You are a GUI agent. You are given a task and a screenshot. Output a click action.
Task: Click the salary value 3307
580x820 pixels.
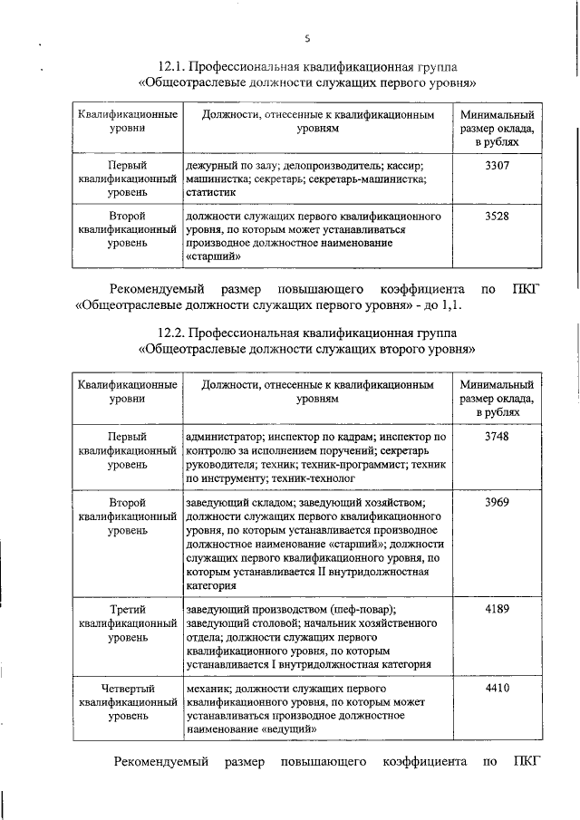498,167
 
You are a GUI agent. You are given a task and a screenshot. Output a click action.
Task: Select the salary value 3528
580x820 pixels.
498,217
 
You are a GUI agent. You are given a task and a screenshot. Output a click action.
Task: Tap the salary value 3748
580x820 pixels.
498,437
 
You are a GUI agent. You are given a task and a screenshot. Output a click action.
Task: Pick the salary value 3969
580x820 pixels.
498,502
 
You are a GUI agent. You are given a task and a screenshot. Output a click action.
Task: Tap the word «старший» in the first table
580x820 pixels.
213,256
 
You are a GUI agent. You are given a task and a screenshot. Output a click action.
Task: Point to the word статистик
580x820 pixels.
210,193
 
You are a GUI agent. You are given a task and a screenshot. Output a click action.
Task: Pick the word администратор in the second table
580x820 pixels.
224,437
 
